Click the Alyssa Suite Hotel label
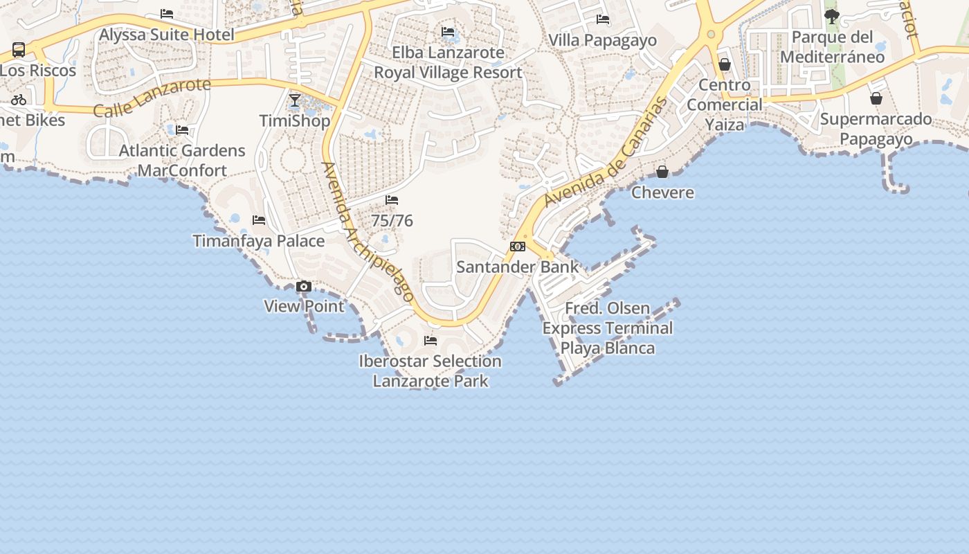point(167,35)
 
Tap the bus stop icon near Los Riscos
point(19,50)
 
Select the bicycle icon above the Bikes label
point(19,100)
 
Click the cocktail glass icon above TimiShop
point(295,100)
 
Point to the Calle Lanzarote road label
point(152,98)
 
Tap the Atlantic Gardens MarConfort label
point(182,160)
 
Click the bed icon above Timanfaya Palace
point(259,220)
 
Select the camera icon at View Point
point(303,286)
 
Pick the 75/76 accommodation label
point(392,221)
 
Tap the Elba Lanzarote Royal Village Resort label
point(448,62)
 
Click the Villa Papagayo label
point(602,40)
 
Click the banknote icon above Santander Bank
point(518,247)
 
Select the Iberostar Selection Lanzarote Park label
point(430,370)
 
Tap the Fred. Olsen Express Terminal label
point(607,328)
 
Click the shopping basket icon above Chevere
point(662,171)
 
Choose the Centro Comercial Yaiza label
point(725,105)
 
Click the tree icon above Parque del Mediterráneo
point(832,16)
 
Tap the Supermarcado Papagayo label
point(876,129)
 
